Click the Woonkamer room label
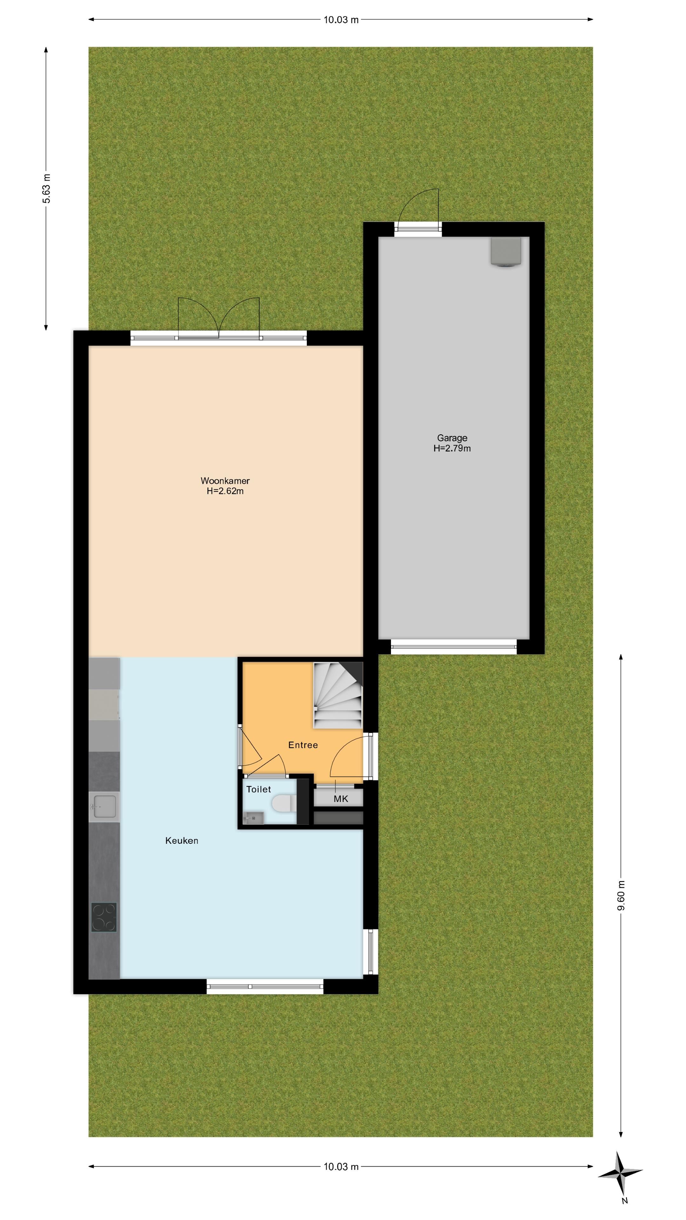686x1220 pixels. [225, 481]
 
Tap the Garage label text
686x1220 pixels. [452, 438]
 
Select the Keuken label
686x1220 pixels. [181, 841]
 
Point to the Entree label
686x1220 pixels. [303, 745]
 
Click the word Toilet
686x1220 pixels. [259, 789]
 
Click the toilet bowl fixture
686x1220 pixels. [284, 803]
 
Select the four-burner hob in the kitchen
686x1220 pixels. [104, 917]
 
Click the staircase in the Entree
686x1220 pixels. [338, 695]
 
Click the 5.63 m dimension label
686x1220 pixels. [46, 188]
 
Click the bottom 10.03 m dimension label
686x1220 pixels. [341, 1167]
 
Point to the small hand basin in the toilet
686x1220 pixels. [253, 817]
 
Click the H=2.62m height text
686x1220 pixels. [225, 491]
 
